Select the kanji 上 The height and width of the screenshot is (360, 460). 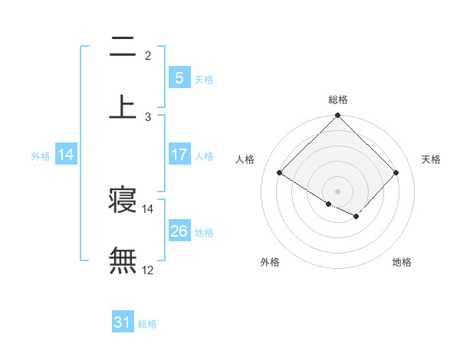pos(123,107)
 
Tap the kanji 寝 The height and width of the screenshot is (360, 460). pos(123,200)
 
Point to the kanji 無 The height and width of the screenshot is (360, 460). pos(123,260)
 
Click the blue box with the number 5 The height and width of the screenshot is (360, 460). pos(179,77)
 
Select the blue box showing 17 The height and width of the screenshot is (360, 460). pos(179,154)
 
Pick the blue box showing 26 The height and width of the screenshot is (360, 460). pos(179,231)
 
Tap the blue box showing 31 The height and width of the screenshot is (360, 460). pos(123,322)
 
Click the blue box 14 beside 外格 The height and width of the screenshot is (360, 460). pos(66,154)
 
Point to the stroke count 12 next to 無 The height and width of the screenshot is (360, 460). pos(148,270)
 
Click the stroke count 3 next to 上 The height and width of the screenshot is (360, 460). pos(148,116)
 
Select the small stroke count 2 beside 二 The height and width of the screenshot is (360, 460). pos(148,56)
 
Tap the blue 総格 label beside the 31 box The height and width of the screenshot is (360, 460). pos(147,324)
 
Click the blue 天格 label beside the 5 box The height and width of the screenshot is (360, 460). pos(204,79)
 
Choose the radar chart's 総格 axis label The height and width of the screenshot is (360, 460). pos(338,100)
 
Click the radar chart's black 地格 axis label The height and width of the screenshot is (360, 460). pos(402,262)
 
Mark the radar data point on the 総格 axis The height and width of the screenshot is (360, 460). pos(338,116)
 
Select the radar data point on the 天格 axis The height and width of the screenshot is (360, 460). pos(396,172)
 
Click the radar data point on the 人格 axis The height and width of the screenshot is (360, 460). pos(280,172)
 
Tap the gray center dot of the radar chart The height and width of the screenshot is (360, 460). pos(338,191)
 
